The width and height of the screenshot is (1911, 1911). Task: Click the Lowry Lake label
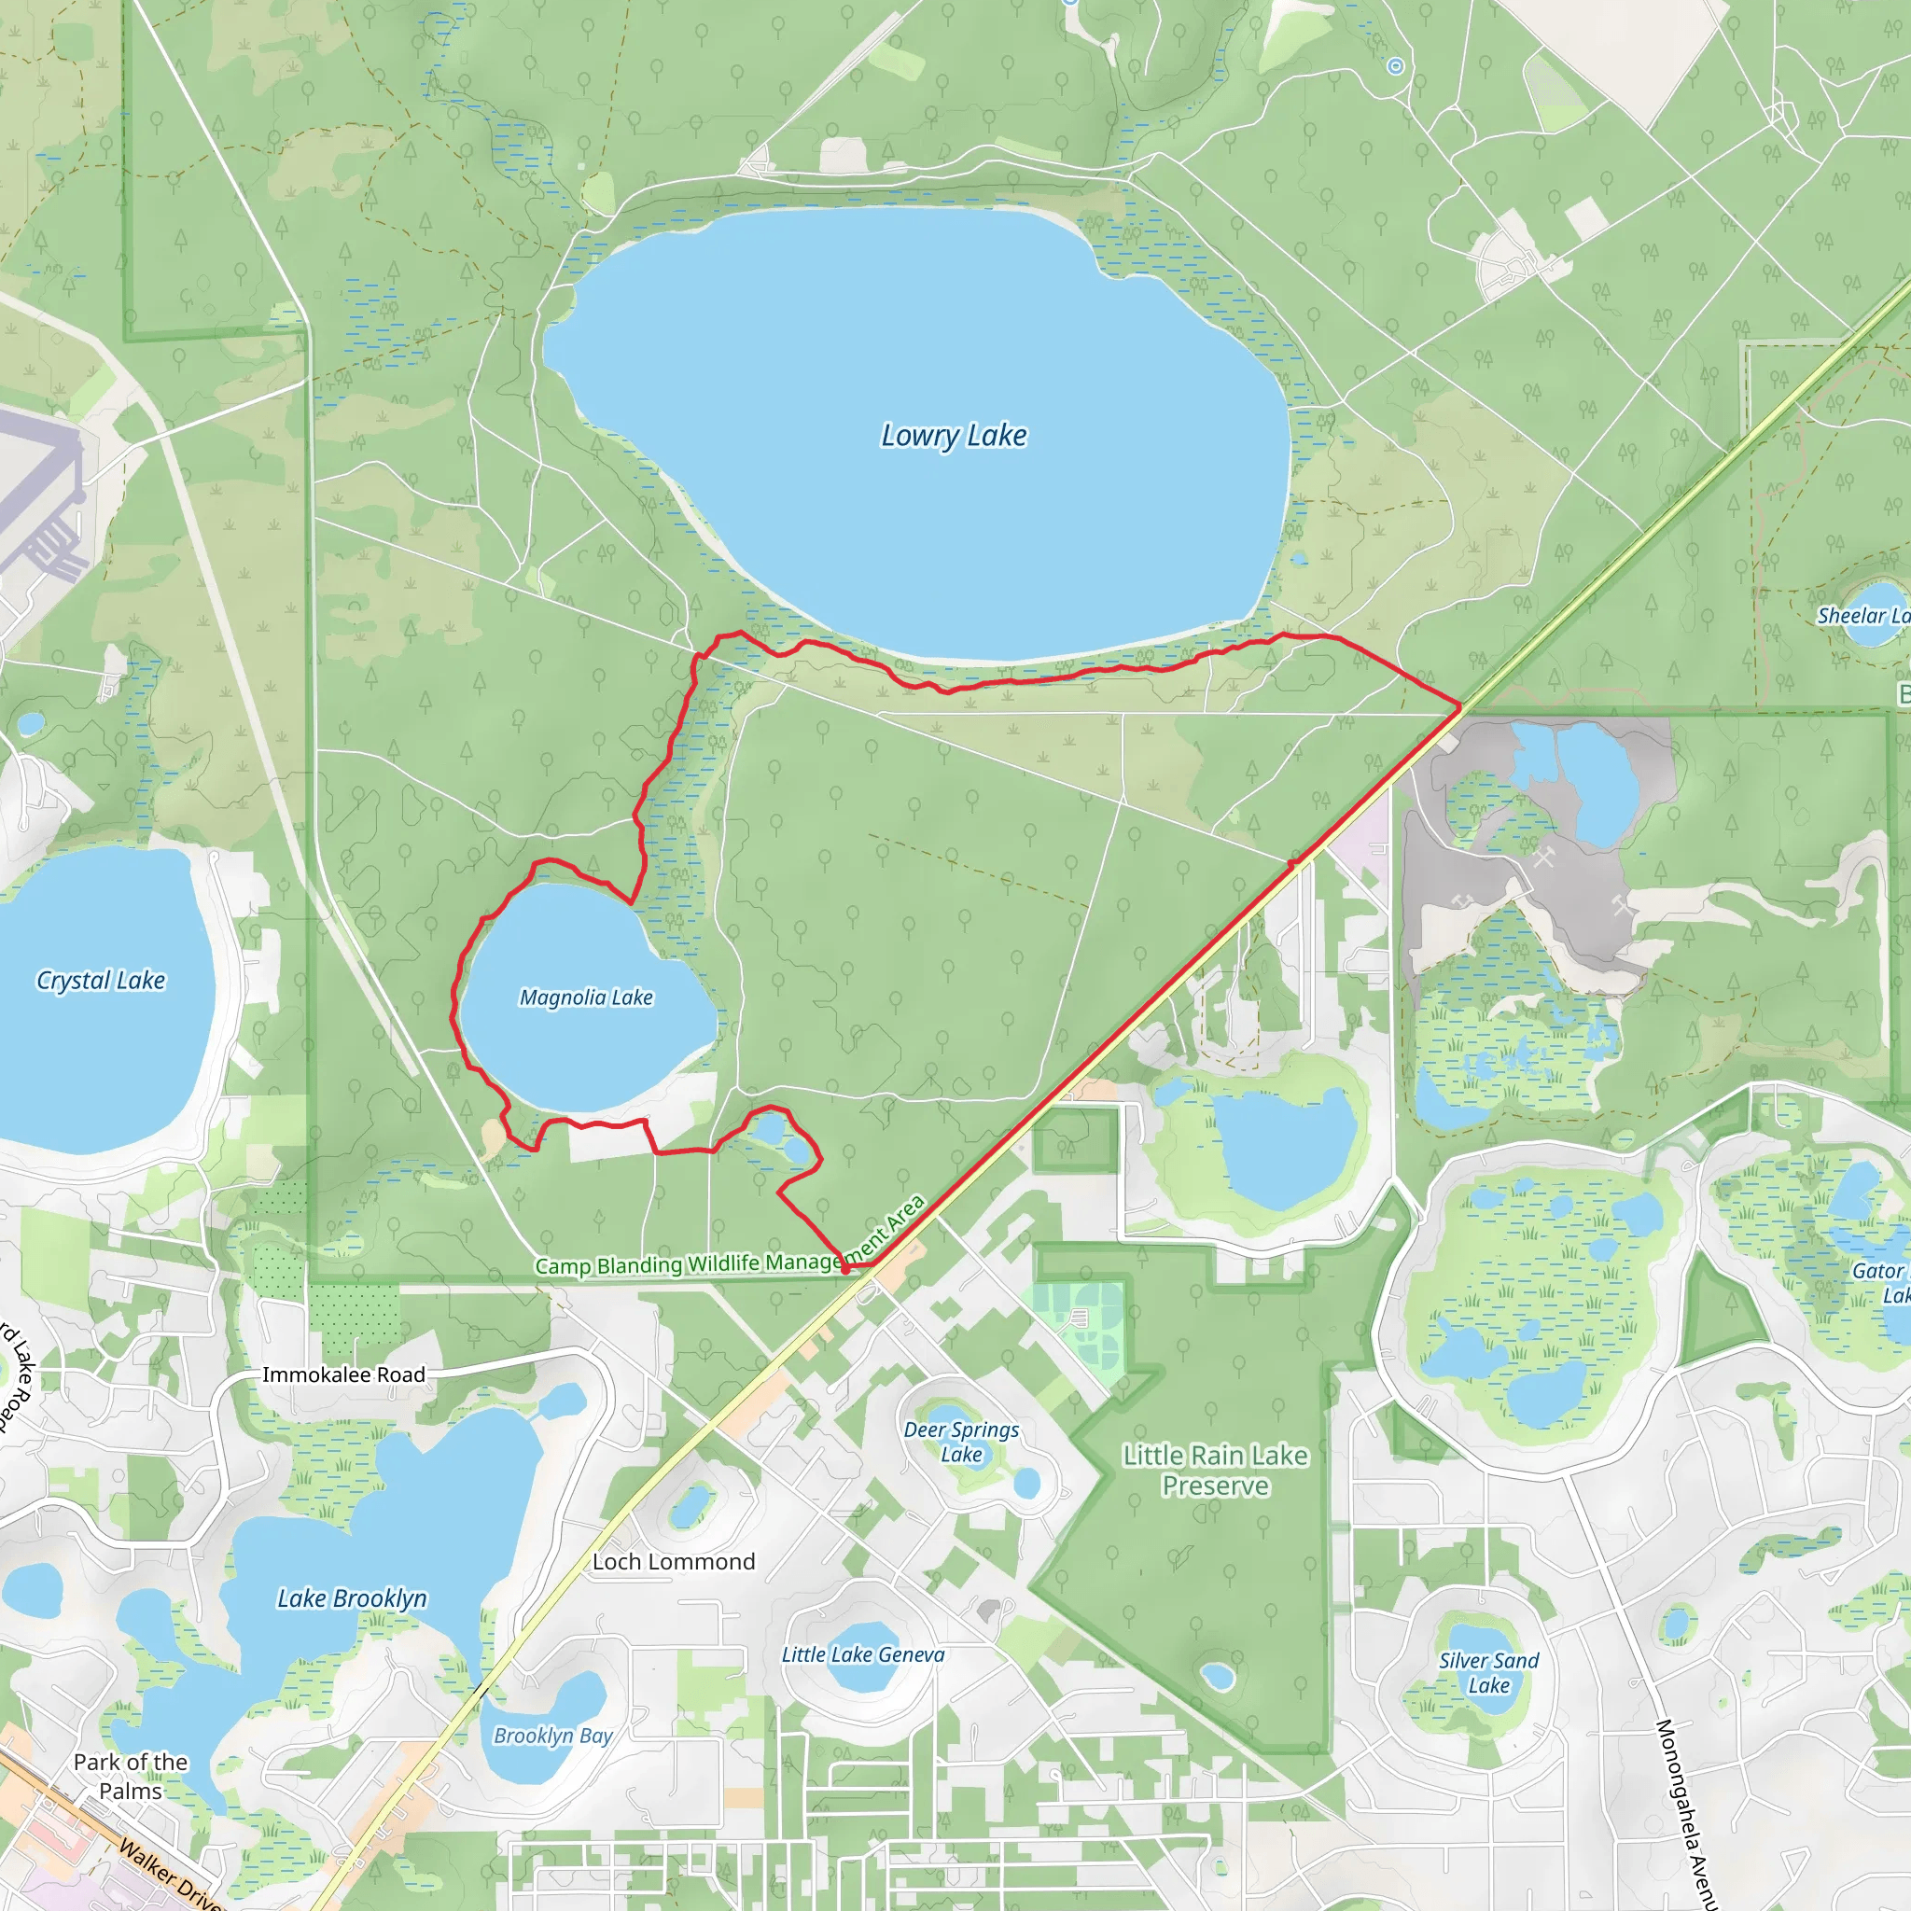pos(954,435)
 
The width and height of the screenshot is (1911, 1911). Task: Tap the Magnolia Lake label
pos(587,997)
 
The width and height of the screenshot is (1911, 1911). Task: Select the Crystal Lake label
pos(101,981)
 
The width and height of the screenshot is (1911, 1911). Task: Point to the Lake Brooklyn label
pos(352,1598)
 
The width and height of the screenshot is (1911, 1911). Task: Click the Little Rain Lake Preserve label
pos(1215,1471)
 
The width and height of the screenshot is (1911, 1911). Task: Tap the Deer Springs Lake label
pos(960,1443)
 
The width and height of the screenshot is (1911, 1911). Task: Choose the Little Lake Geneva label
pos(862,1654)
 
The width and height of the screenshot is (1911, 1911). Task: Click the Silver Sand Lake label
pos(1487,1673)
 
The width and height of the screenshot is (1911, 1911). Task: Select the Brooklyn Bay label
pos(553,1736)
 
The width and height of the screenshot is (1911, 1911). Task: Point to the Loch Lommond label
pos(674,1562)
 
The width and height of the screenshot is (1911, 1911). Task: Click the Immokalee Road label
pos(343,1374)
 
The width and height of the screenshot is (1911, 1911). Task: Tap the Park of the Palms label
pos(131,1777)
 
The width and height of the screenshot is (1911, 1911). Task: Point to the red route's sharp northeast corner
pos(1460,706)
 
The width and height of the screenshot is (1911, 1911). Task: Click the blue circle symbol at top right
pos(1396,66)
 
